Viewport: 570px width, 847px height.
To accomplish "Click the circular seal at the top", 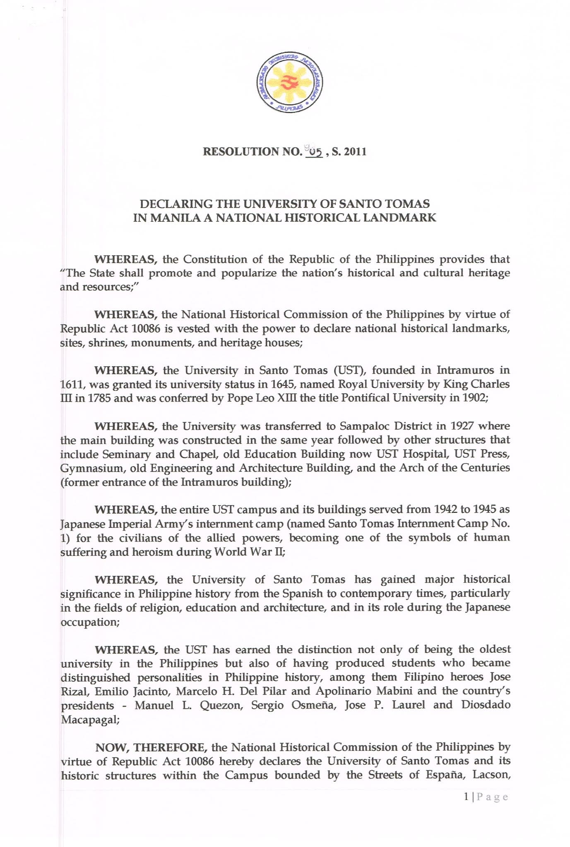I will click(289, 83).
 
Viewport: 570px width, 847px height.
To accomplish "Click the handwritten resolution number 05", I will click(314, 152).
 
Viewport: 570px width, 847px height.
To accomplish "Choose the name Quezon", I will click(221, 705).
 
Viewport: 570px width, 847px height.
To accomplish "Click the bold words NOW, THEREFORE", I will click(151, 747).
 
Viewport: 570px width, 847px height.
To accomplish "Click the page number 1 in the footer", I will click(467, 797).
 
